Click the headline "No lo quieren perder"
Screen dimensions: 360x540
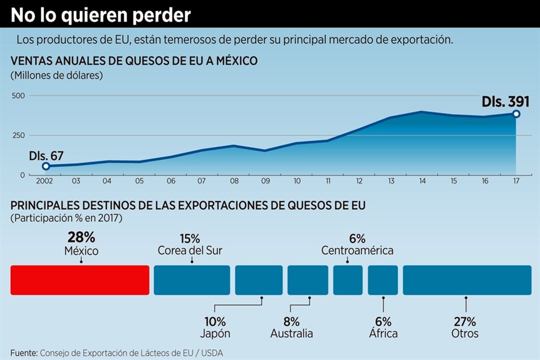101,15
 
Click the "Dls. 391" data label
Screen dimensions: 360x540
506,102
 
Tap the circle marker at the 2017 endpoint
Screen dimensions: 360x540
516,114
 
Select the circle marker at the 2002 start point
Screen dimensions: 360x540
46,166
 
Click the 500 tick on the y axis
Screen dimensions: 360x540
19,96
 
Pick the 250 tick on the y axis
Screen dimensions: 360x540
19,136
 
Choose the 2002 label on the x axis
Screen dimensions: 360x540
44,181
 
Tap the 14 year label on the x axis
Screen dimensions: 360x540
421,181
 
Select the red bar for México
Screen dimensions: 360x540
80,280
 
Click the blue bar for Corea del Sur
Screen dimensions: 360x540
192,280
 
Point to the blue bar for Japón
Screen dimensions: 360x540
259,280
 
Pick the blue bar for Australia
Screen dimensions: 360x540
308,280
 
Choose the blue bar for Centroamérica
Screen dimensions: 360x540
348,280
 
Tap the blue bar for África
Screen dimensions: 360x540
382,280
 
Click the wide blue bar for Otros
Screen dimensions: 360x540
467,280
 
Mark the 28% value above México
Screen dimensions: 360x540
81,237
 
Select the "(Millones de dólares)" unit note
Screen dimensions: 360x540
57,75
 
